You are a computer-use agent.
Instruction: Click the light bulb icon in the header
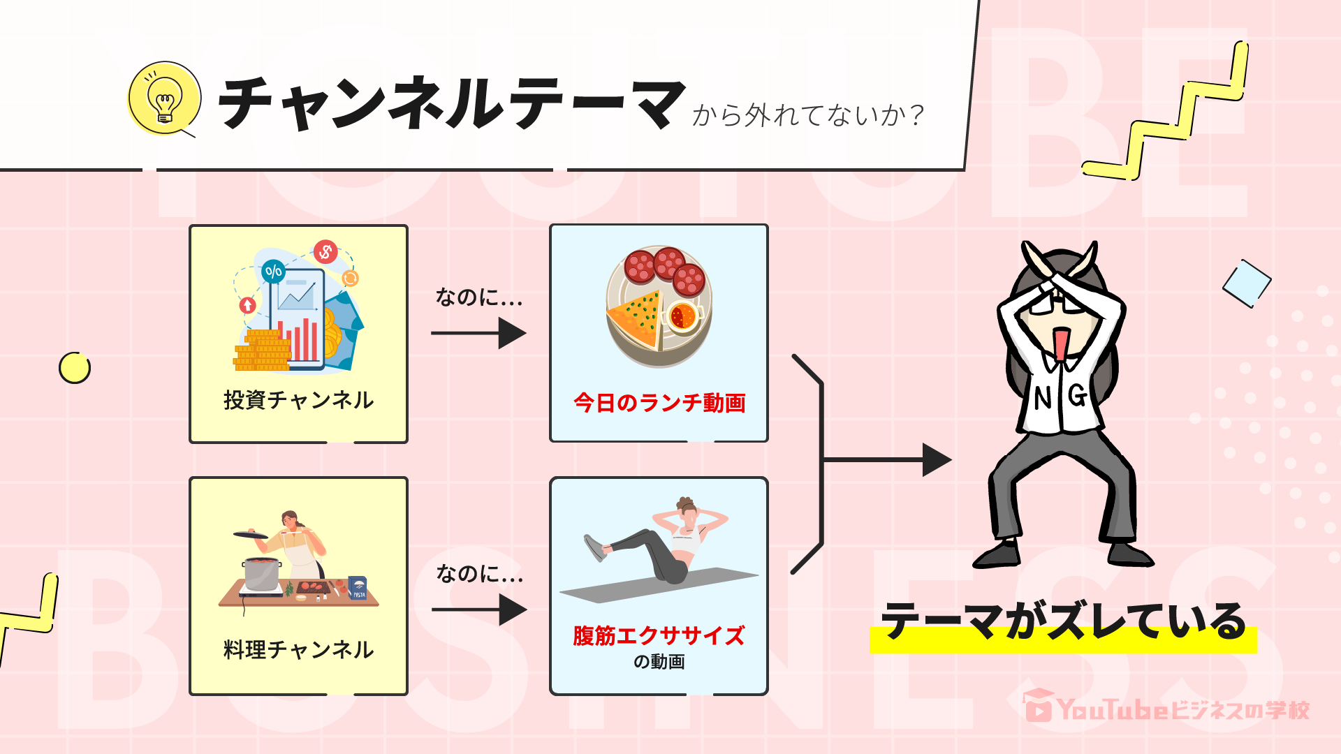click(165, 98)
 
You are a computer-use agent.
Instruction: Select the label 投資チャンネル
click(298, 400)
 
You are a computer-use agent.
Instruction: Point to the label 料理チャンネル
click(298, 650)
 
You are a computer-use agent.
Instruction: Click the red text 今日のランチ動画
click(659, 403)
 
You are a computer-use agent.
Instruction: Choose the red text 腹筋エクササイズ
click(659, 635)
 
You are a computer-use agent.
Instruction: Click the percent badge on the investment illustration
click(273, 271)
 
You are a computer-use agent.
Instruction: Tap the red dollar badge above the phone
click(325, 251)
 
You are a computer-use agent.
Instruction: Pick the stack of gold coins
click(262, 351)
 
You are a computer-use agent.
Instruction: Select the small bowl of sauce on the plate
click(682, 316)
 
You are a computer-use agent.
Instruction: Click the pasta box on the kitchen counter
click(358, 588)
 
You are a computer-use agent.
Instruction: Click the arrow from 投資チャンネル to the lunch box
click(478, 333)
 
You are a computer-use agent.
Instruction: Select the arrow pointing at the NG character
click(887, 459)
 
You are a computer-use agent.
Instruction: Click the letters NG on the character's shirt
click(1060, 397)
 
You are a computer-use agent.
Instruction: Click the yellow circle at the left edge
click(75, 368)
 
